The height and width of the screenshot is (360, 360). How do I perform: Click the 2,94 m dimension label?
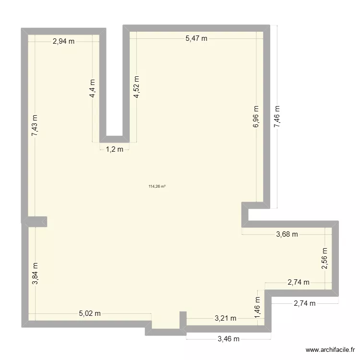64,41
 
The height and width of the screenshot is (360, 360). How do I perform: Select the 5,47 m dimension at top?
196,38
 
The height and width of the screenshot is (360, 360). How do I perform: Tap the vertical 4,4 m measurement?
92,89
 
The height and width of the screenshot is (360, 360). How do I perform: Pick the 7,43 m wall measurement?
35,126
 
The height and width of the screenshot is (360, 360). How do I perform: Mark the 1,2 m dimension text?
114,149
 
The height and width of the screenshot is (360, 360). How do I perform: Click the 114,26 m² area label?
157,187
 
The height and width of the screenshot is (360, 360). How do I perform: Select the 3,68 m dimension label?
287,234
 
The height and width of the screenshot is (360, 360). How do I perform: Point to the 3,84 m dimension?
35,274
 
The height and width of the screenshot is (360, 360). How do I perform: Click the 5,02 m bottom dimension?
90,314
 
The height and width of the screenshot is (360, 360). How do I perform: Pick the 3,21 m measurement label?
225,318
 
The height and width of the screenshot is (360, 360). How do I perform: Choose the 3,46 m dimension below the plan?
228,339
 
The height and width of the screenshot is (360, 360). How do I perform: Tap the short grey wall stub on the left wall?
36,221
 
